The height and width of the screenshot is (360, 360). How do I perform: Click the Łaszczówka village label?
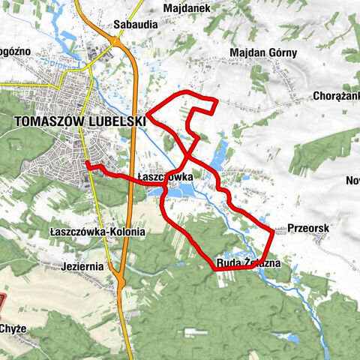click(166, 177)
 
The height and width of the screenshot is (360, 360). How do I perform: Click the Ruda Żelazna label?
click(247, 262)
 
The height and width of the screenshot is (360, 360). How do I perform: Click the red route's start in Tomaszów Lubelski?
click(87, 163)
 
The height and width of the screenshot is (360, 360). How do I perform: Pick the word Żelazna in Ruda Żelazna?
click(261, 262)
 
